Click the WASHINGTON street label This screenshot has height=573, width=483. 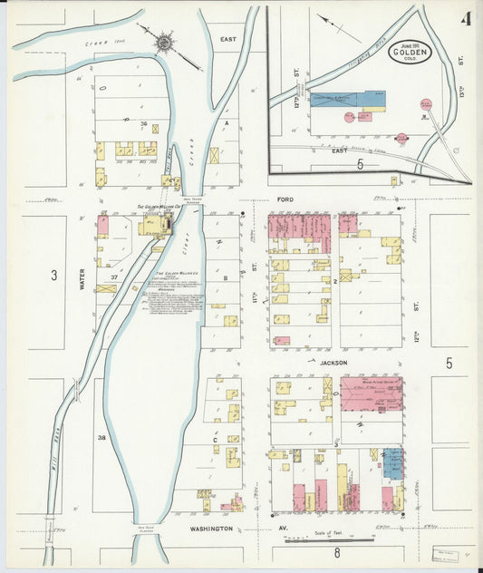pos(211,528)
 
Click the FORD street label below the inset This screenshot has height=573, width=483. pos(286,199)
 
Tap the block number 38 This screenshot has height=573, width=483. pos(101,438)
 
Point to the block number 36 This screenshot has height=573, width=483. pos(143,122)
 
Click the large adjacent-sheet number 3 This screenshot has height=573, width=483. pos(54,275)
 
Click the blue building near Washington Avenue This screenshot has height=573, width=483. pos(392,463)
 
